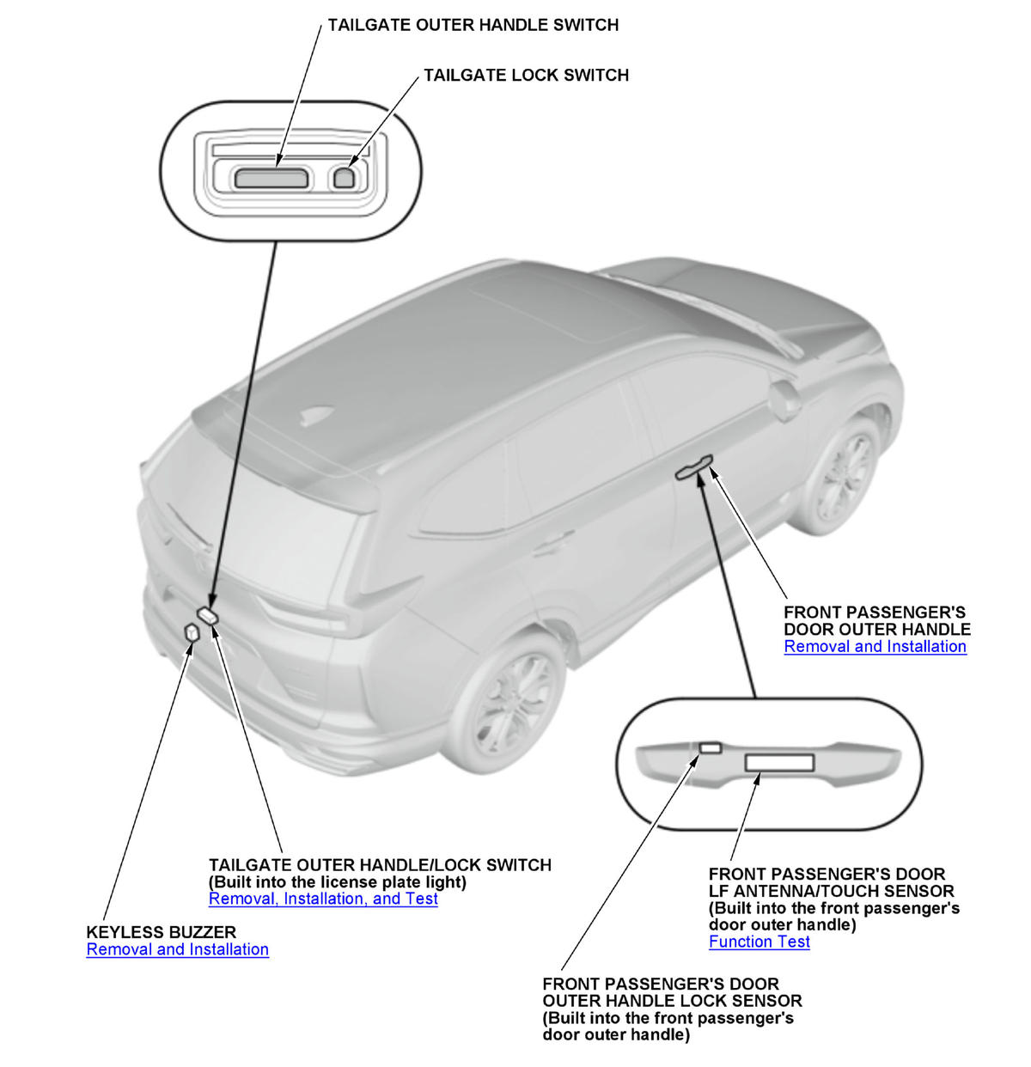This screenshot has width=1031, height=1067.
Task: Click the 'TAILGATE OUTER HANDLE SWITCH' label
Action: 473,25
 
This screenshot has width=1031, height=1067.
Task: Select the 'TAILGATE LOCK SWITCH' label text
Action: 526,76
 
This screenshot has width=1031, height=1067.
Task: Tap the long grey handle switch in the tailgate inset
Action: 271,178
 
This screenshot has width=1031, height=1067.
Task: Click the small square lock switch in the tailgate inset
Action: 344,178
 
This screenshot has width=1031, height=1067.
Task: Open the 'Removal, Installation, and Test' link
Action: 323,899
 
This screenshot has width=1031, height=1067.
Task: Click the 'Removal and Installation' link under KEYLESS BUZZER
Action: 177,949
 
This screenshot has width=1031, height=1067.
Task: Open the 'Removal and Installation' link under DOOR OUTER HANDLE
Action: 875,647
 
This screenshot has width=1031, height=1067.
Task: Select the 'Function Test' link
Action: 759,942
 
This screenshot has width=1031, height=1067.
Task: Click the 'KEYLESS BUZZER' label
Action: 161,932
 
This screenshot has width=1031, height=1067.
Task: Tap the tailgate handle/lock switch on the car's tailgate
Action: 208,614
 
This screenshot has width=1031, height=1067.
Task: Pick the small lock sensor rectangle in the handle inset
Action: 711,747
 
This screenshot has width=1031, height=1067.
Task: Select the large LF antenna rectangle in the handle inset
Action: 778,762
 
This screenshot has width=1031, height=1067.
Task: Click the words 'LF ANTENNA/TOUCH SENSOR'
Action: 831,891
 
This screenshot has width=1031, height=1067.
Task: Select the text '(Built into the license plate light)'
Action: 338,882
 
